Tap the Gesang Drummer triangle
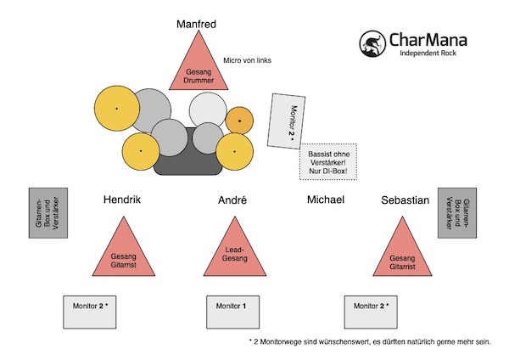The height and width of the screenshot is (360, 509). (x=200, y=70)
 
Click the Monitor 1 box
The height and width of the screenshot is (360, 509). (x=232, y=311)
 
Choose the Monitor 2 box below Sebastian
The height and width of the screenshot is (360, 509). (x=372, y=311)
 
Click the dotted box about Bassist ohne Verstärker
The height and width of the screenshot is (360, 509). (x=328, y=160)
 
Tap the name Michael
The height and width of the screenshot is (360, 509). (x=325, y=200)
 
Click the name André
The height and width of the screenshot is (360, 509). (x=232, y=200)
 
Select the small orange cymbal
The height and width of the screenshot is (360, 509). (x=239, y=121)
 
